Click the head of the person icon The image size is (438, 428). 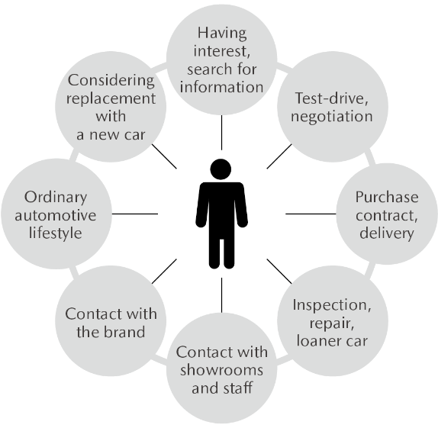(221, 169)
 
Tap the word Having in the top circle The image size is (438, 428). (222, 34)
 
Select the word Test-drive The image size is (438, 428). (332, 98)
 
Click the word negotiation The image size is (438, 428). (332, 117)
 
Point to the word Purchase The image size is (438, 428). (387, 197)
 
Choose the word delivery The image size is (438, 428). (387, 233)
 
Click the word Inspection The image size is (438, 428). (332, 305)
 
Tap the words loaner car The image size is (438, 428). (332, 341)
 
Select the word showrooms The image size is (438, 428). (221, 370)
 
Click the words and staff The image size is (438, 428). (222, 388)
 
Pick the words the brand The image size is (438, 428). (111, 332)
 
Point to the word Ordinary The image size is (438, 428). (56, 198)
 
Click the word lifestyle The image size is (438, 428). (56, 233)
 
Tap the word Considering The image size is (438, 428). (111, 81)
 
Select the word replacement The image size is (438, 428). (111, 99)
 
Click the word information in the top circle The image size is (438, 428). (221, 87)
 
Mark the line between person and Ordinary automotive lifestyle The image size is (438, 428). (135, 214)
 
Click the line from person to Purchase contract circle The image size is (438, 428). (311, 214)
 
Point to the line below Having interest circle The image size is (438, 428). (222, 133)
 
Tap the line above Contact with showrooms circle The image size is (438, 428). (222, 295)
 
